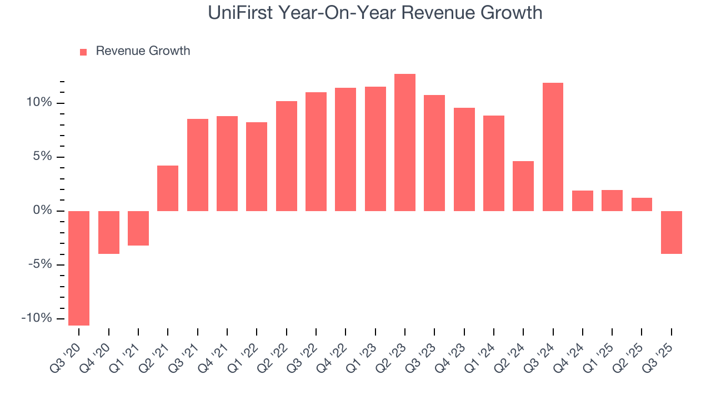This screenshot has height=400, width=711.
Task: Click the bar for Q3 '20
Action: pos(79,268)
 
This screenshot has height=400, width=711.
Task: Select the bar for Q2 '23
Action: pos(405,142)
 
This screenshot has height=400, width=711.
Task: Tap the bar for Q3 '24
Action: pos(553,147)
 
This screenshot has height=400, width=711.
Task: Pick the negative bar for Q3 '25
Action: pos(671,232)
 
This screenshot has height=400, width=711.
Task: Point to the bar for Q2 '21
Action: pos(168,188)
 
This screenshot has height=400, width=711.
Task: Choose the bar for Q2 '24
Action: pos(523,186)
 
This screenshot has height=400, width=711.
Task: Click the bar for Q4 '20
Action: pos(109,232)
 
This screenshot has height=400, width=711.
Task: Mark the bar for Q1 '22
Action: pos(257,166)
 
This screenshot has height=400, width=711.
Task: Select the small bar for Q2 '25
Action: pos(642,204)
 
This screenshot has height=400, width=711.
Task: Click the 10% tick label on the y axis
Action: pos(38,103)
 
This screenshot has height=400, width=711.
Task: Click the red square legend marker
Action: pos(83,52)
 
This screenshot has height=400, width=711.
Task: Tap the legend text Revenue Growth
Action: pos(143,51)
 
